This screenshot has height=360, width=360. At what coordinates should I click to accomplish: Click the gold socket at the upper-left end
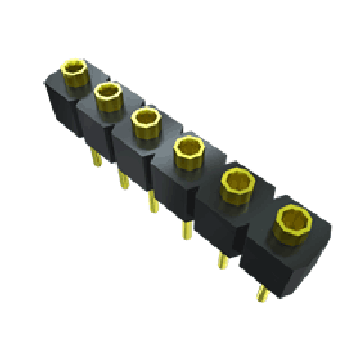click(x=74, y=68)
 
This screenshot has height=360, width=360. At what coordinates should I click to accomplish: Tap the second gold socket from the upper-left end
click(x=108, y=93)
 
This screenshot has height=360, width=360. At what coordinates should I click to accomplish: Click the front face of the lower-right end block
click(x=269, y=265)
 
